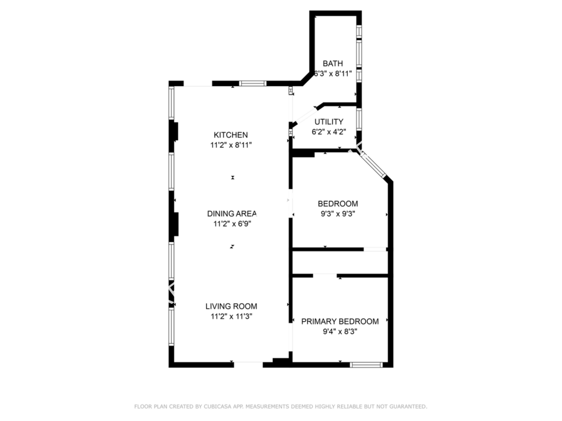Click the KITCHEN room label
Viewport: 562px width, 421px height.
[231, 135]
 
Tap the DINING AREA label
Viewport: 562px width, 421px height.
[232, 213]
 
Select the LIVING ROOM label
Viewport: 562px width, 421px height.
[231, 306]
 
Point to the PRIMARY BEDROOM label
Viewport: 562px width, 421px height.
[340, 321]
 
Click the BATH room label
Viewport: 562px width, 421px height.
[333, 64]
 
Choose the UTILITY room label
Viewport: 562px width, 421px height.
[328, 122]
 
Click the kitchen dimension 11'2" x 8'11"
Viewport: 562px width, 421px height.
[231, 145]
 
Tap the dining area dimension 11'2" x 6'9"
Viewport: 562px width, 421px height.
[231, 223]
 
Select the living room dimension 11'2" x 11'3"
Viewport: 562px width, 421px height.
[231, 316]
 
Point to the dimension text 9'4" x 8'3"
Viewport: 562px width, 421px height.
[340, 331]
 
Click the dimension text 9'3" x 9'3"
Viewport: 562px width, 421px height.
[338, 213]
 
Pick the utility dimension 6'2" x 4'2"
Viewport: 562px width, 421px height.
[328, 132]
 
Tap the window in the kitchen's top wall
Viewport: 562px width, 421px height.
[253, 83]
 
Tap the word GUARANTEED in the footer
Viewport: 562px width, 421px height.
[407, 407]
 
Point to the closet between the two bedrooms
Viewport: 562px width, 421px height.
[340, 262]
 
